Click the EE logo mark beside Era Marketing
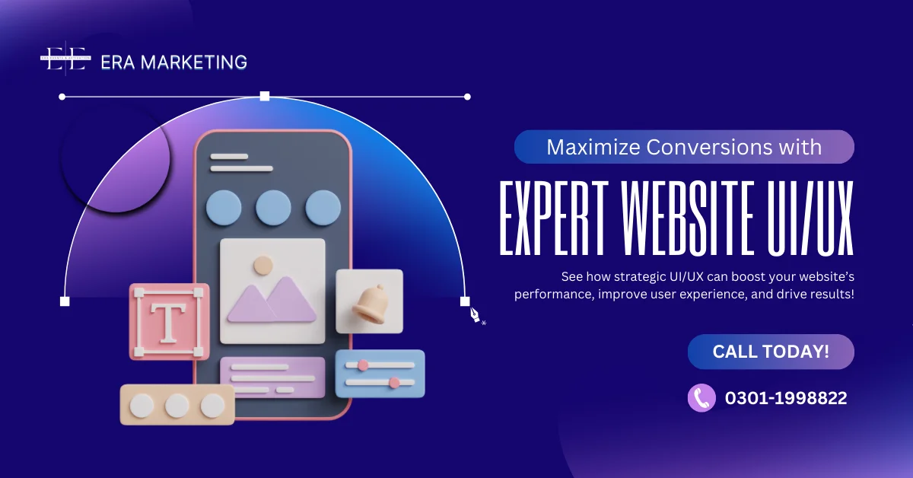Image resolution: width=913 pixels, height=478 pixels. pos(65,59)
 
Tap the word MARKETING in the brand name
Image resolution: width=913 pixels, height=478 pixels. pos(193,62)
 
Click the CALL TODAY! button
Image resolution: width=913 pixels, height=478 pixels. pos(771,352)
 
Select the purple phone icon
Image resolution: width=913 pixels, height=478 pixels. pos(701,397)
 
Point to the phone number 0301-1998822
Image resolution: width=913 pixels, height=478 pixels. pos(786,398)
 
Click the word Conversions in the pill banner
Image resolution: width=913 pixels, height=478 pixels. pos(709,147)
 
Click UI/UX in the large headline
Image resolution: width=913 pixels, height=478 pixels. pos(810,218)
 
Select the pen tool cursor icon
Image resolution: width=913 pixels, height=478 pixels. pos(476,315)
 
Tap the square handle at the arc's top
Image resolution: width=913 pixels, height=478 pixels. pos(265,96)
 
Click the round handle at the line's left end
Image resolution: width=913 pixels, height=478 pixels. pos(62,97)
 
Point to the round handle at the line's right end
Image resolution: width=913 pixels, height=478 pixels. pos(467,97)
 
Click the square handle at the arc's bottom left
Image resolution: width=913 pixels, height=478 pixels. pos(65,301)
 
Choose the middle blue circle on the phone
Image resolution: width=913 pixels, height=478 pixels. pos(273,208)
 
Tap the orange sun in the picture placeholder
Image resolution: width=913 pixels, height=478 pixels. pos(263,265)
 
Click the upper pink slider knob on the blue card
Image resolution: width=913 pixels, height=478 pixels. pos(363,365)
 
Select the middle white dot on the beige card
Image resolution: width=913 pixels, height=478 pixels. pos(177,406)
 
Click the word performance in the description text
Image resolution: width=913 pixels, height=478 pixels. pos(554,295)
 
